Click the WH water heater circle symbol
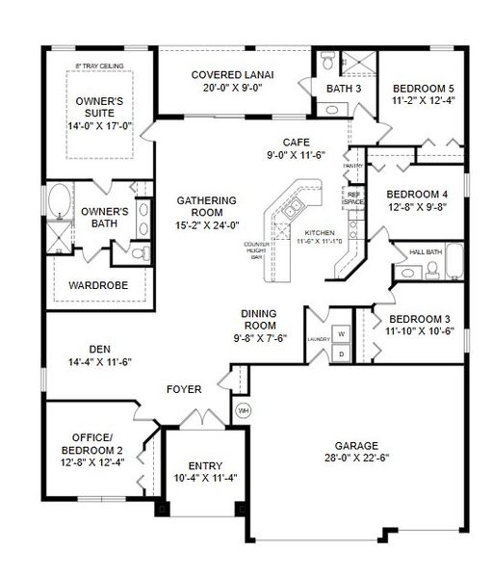coord(242,410)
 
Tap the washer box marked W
coord(342,333)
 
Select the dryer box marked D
coord(342,354)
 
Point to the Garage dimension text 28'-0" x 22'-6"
coord(356,460)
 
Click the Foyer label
coord(184,389)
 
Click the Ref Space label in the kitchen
coord(353,197)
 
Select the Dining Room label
coord(260,320)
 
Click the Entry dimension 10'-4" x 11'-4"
coord(204,478)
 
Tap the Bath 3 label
coord(343,89)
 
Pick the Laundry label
coord(318,339)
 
